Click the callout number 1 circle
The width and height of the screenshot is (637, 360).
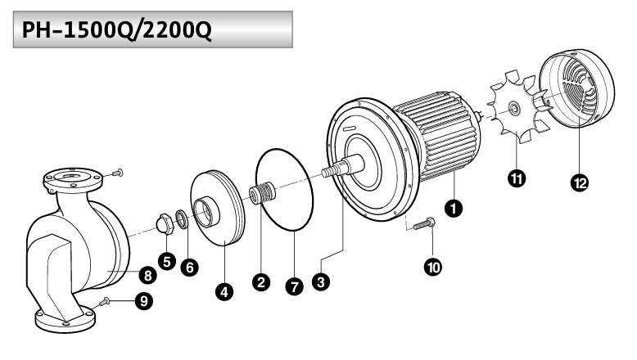point(454,208)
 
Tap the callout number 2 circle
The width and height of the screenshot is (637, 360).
point(261,281)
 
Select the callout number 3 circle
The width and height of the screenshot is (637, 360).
point(321,281)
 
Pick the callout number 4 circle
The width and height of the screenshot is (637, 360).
point(224,291)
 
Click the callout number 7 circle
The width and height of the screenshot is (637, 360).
point(294,286)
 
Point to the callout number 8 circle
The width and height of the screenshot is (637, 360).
point(148,275)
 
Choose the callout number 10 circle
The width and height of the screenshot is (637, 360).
point(433,267)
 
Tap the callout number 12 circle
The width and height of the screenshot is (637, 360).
point(580,182)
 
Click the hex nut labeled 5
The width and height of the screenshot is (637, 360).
point(165,224)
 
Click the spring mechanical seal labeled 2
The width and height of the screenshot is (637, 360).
point(263,193)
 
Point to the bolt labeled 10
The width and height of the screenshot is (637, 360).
point(424,223)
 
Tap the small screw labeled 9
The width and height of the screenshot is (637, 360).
point(105,301)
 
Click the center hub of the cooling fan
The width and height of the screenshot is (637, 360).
point(514,108)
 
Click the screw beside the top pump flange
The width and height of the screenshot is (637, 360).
point(117,173)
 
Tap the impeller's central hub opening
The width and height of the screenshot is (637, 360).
point(206,212)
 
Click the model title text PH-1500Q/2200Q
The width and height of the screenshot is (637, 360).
point(117,29)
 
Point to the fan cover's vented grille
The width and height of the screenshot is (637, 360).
point(579,88)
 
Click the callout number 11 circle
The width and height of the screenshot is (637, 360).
point(517,178)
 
